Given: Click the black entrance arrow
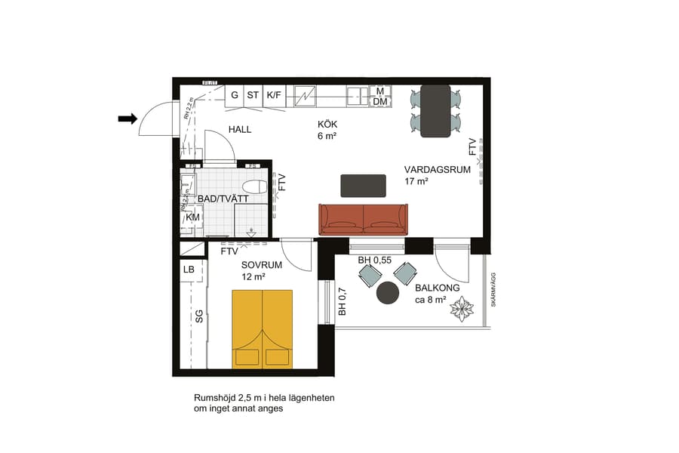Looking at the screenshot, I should tap(127, 118).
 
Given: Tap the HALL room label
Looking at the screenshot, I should tap(240, 129).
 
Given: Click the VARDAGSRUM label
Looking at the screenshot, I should tap(437, 170).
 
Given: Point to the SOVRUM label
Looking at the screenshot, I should tap(262, 265).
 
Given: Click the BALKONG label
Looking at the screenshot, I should tap(438, 288).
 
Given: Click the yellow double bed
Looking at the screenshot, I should tap(262, 328).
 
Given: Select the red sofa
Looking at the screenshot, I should tap(363, 219).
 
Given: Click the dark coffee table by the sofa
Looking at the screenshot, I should tap(363, 185).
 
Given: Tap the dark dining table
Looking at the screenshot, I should tap(435, 111).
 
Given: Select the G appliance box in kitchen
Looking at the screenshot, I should tap(235, 96).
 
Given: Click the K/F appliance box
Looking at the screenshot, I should tap(274, 96).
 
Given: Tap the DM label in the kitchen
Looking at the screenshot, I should tap(380, 101).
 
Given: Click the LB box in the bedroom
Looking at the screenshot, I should tap(189, 270).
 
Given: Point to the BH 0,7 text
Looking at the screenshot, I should tap(342, 301).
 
